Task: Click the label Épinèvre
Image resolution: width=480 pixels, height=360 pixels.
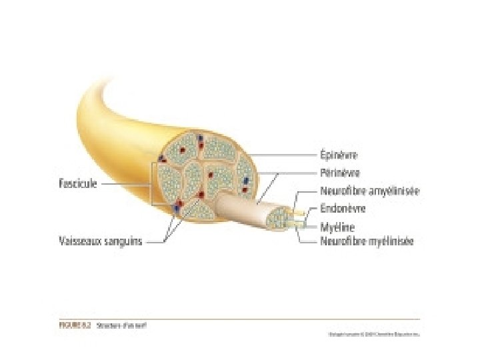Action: (339, 155)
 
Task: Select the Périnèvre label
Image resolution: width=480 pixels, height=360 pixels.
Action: (340, 173)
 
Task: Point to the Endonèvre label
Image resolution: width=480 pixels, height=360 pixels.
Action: (343, 208)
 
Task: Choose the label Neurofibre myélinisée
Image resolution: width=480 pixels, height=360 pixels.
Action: (367, 241)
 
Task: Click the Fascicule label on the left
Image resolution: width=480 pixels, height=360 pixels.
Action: (78, 184)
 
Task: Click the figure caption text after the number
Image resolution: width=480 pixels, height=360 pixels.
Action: (122, 326)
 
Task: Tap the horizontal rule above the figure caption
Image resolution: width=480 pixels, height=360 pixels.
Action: (240, 319)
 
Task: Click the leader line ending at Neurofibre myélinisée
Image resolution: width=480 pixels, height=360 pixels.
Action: (308, 241)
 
